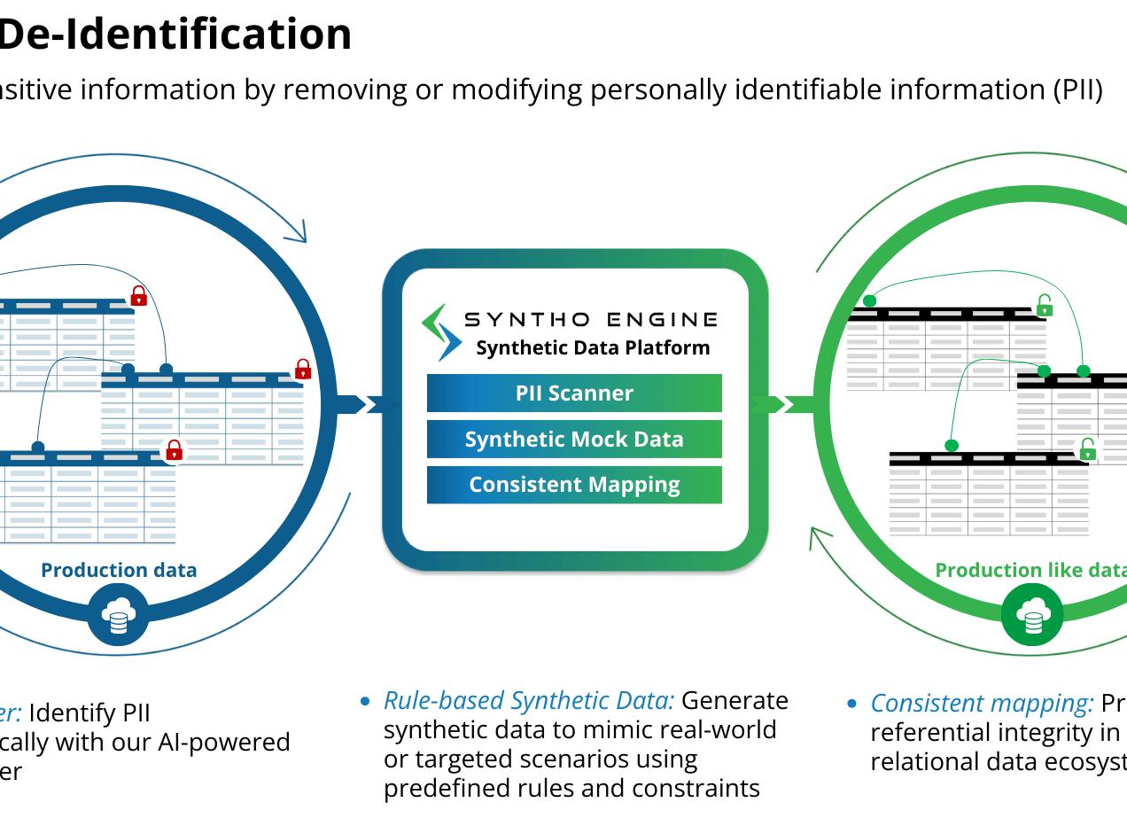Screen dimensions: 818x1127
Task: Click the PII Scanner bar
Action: [574, 393]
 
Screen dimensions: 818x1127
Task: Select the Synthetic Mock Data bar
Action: [574, 440]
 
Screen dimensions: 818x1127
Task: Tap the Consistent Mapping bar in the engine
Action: [574, 485]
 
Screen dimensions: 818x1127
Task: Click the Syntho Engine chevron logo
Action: [440, 331]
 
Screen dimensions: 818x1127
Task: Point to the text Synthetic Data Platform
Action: [593, 347]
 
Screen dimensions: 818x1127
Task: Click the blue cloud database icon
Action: [118, 614]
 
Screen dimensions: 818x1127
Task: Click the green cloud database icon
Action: [1032, 614]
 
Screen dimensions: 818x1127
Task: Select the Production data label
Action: [119, 570]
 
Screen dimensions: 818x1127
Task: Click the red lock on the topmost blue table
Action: [138, 296]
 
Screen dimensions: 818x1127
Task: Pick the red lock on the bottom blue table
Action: [175, 450]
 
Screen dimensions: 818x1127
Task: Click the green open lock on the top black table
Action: [1045, 307]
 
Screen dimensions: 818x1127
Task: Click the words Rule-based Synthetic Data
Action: [529, 701]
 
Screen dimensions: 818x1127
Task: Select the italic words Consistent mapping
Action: [982, 704]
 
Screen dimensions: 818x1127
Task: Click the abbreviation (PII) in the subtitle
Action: [1078, 90]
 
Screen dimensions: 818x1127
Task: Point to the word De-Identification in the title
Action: [175, 34]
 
